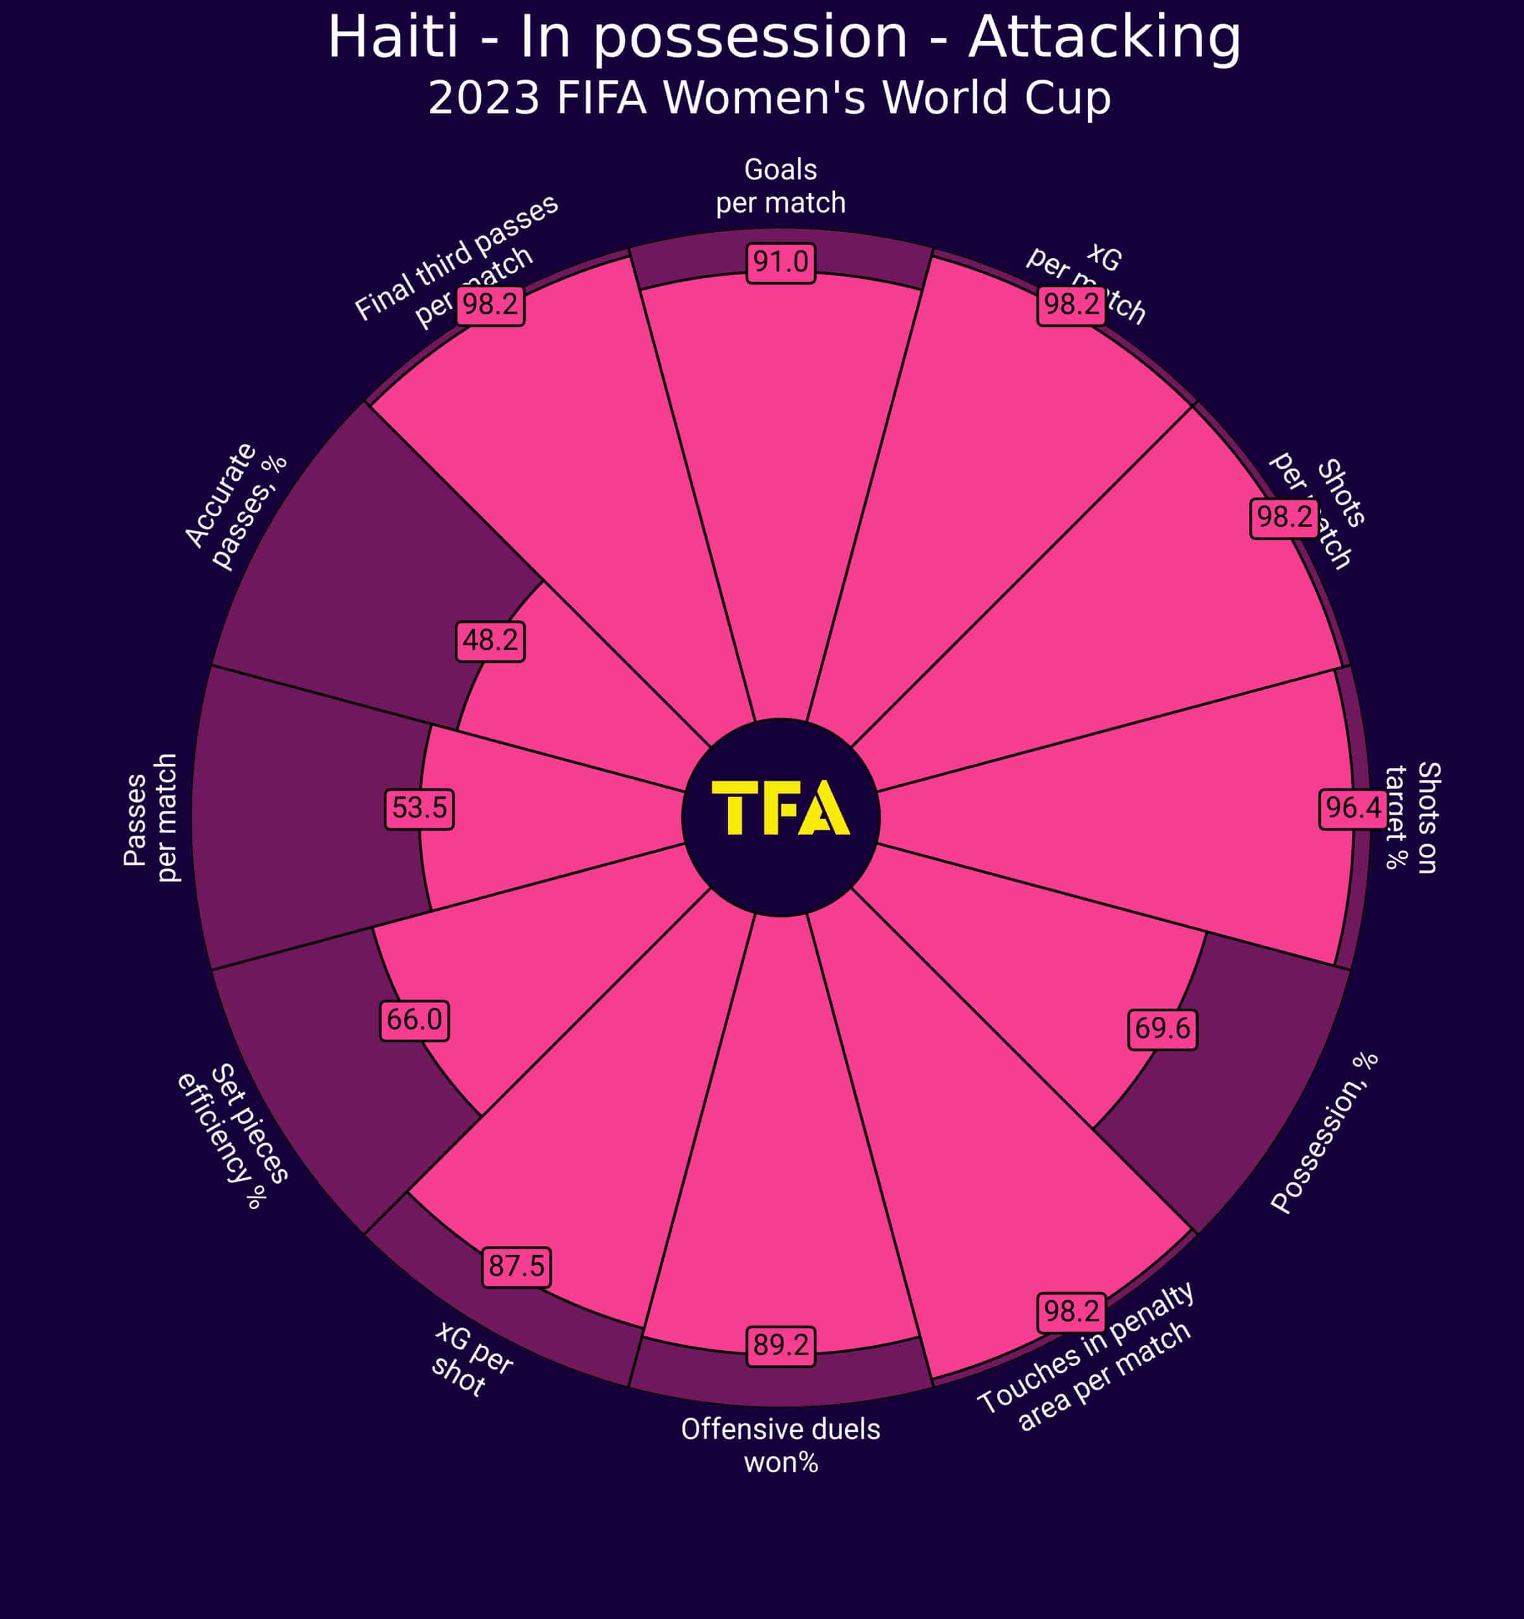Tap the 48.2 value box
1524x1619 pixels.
coord(490,641)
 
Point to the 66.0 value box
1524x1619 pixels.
coord(414,1019)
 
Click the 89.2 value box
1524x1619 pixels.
coord(780,1345)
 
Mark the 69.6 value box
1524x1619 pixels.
coord(1162,1030)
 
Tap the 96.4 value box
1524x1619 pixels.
coord(1354,808)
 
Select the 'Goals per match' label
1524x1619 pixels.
coord(780,187)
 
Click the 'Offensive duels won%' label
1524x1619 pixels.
coord(780,1446)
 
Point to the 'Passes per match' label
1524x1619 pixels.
coord(151,818)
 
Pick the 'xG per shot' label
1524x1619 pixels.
coord(471,1358)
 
